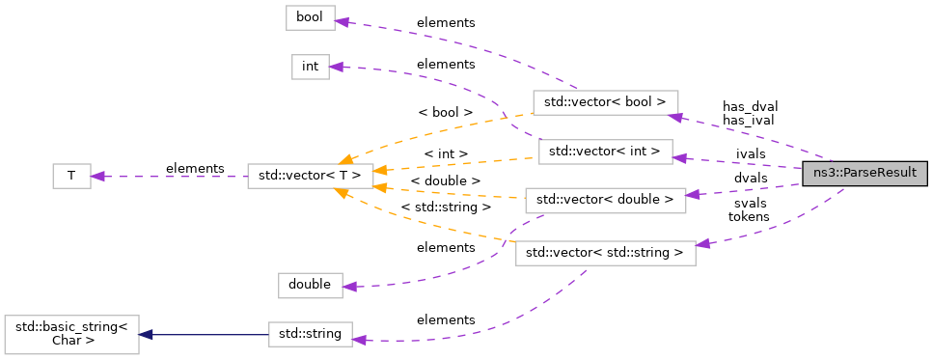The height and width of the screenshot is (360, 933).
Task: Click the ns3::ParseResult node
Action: click(864, 174)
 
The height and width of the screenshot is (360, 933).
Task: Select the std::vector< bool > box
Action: click(605, 102)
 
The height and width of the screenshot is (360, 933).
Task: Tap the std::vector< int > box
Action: click(605, 152)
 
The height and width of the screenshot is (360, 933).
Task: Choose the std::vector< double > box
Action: click(604, 200)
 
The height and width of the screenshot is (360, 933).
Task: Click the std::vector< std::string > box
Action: click(605, 254)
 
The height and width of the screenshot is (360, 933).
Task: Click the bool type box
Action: click(310, 17)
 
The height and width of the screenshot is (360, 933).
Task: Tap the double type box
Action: click(309, 285)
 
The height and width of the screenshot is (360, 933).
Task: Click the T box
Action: click(70, 176)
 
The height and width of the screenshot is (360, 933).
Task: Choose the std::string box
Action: click(310, 334)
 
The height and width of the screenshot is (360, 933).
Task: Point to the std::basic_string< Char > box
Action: click(72, 334)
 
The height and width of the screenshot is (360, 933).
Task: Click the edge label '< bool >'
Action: click(446, 112)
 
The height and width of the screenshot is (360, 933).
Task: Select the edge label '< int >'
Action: click(446, 153)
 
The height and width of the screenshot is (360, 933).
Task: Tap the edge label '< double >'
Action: click(445, 180)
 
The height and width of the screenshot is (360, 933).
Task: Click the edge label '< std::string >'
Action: click(446, 206)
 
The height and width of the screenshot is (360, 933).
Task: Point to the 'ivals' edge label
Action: click(751, 153)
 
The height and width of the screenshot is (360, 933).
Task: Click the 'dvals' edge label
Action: click(751, 179)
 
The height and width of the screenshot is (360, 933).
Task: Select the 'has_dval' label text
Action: click(750, 106)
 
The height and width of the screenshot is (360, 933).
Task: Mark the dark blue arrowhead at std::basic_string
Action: click(146, 334)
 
